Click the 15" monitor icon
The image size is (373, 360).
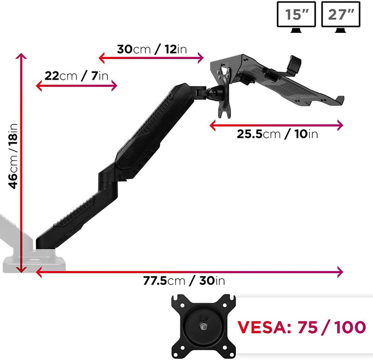coord(296,16)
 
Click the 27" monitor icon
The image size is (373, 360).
coord(340,16)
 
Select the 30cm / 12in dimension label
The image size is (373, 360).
coord(152,49)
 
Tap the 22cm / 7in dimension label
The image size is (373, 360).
coord(77,76)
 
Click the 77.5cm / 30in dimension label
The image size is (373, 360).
coord(184,281)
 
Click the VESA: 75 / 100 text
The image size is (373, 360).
coord(302,327)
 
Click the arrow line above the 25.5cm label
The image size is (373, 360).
coord(276,124)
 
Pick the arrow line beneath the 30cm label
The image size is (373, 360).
coord(152,58)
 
